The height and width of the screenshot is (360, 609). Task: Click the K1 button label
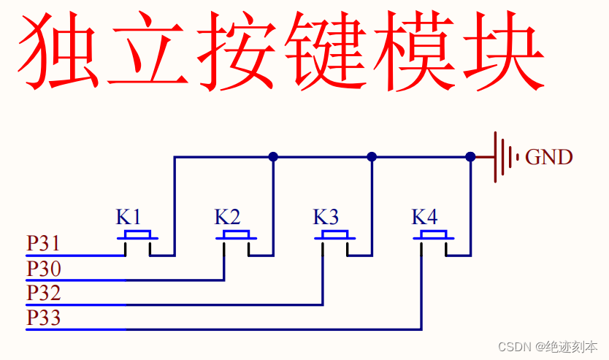tap(128, 217)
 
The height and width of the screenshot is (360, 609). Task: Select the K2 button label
tap(227, 217)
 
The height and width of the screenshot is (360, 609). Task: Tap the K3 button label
tap(326, 217)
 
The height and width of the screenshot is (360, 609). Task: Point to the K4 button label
tap(424, 217)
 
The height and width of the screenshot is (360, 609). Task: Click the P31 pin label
tap(43, 243)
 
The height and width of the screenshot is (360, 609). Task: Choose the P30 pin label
tap(43, 269)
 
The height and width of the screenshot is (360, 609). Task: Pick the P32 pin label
tap(43, 294)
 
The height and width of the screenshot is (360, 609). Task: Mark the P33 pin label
tap(43, 318)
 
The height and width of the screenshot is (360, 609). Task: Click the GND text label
tap(549, 157)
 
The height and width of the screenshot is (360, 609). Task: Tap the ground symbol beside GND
tap(505, 157)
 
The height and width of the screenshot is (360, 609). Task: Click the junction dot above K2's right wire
tap(273, 156)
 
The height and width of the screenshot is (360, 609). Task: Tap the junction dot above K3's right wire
tap(372, 156)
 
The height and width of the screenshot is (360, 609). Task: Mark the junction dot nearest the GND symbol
tap(470, 156)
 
